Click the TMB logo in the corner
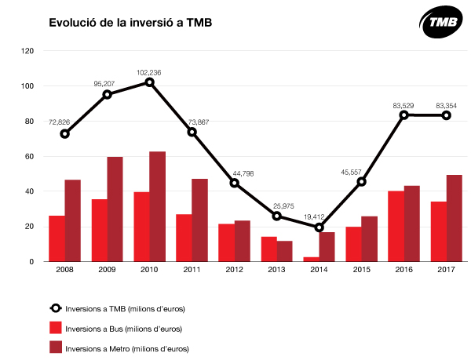point(441,22)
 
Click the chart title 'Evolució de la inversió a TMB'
point(130,23)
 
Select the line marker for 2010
point(150,82)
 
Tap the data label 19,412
point(314,217)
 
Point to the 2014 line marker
point(319,227)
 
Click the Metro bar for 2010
point(158,206)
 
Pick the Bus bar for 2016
point(396,226)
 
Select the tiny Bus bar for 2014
point(311,259)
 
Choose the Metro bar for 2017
point(455,218)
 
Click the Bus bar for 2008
point(57,238)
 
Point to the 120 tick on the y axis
point(27,51)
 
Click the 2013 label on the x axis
point(276,269)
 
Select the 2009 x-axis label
point(107,269)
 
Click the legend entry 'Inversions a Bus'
point(115,329)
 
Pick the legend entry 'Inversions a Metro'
point(119,348)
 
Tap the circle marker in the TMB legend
point(56,308)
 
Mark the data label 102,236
point(149,73)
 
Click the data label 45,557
point(351,173)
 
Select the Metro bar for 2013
point(284,251)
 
